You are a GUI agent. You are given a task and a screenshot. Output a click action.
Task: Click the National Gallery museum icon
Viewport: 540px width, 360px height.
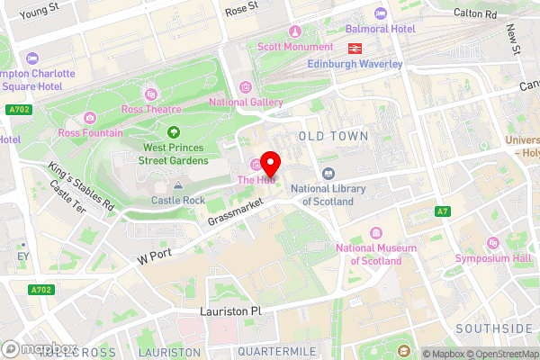[246, 87]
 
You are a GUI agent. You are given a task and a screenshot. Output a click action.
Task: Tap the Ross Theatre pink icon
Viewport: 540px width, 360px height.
[150, 93]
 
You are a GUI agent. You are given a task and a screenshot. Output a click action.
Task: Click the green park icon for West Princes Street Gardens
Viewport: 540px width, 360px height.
[174, 132]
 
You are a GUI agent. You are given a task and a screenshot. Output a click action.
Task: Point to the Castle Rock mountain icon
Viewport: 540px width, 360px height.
[178, 184]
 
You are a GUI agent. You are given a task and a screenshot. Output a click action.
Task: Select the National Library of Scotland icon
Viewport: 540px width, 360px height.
[327, 174]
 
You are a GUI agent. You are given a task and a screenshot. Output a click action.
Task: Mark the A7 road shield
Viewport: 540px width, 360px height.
[442, 211]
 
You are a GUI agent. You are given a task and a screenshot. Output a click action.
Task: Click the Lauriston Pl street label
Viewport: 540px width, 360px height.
[229, 310]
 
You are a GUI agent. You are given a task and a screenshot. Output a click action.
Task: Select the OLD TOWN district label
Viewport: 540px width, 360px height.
[332, 135]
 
